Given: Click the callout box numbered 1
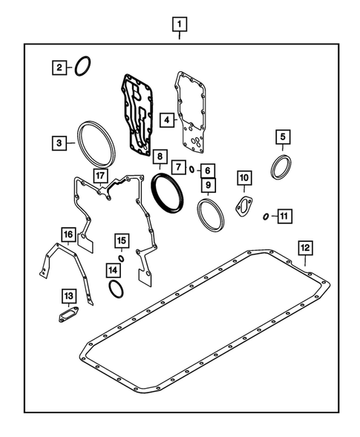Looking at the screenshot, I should [179, 23].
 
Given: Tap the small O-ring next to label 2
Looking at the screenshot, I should [82, 66].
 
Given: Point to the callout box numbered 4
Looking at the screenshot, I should [168, 119].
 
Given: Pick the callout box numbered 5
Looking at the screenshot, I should [282, 137].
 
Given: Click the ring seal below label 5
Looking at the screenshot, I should [281, 167].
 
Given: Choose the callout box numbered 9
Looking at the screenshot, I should [210, 185].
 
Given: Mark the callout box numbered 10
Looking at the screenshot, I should [244, 177].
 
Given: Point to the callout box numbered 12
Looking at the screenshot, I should [305, 248].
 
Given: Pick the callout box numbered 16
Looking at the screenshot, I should [68, 236].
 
